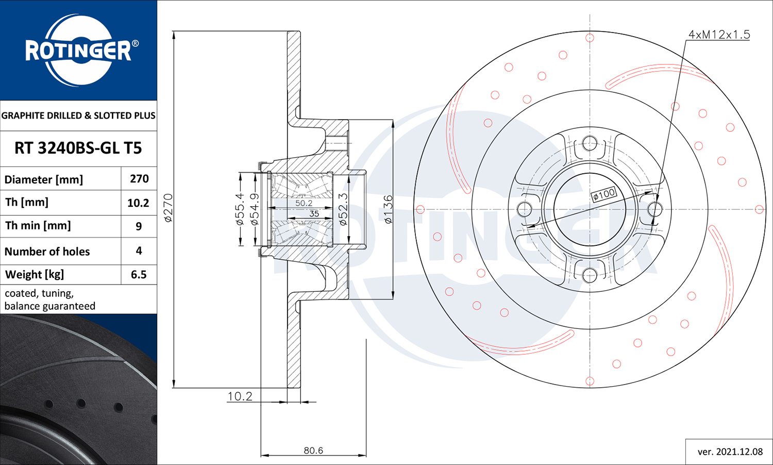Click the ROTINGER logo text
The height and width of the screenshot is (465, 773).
tap(78, 51)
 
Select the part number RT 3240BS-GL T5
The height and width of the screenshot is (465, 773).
tap(78, 148)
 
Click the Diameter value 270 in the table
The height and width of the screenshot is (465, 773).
tap(139, 178)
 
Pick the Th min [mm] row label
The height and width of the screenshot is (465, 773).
tap(38, 225)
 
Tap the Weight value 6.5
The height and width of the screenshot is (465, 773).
tap(139, 274)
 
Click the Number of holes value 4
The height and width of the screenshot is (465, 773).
tap(139, 250)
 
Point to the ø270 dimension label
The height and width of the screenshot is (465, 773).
tap(168, 208)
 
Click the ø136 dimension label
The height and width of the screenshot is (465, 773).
tap(388, 209)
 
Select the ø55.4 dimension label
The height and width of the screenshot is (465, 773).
tap(240, 209)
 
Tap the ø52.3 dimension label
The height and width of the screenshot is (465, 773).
tap(343, 209)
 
